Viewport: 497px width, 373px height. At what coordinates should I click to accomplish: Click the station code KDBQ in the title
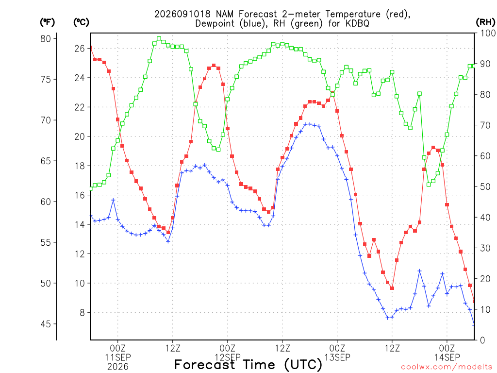(358, 23)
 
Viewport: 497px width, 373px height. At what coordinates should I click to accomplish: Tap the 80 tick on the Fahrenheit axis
(46, 39)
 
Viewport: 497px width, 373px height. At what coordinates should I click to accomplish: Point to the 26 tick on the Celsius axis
(80, 49)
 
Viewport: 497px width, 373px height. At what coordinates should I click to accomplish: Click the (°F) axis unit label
(47, 22)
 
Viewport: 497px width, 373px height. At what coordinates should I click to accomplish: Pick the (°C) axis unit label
(81, 22)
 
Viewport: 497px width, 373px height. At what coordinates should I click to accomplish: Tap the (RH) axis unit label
(485, 22)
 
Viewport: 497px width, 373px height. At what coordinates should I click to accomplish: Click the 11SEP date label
(118, 357)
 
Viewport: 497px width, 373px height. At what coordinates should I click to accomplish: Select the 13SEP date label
(337, 357)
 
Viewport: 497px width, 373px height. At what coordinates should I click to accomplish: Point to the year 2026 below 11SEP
(118, 367)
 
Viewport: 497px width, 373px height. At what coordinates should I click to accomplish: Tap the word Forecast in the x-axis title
(204, 365)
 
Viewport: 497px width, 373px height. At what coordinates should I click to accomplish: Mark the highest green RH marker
(159, 39)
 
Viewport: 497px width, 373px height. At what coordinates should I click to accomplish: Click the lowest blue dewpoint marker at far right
(474, 325)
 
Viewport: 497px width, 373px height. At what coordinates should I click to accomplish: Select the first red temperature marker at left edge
(91, 48)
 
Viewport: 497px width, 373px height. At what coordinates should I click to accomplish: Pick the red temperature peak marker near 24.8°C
(214, 66)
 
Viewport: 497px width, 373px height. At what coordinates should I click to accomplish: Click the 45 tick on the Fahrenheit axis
(46, 324)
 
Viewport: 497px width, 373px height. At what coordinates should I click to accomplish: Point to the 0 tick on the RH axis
(482, 340)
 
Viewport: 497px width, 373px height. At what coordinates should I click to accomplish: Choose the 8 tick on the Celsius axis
(82, 313)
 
